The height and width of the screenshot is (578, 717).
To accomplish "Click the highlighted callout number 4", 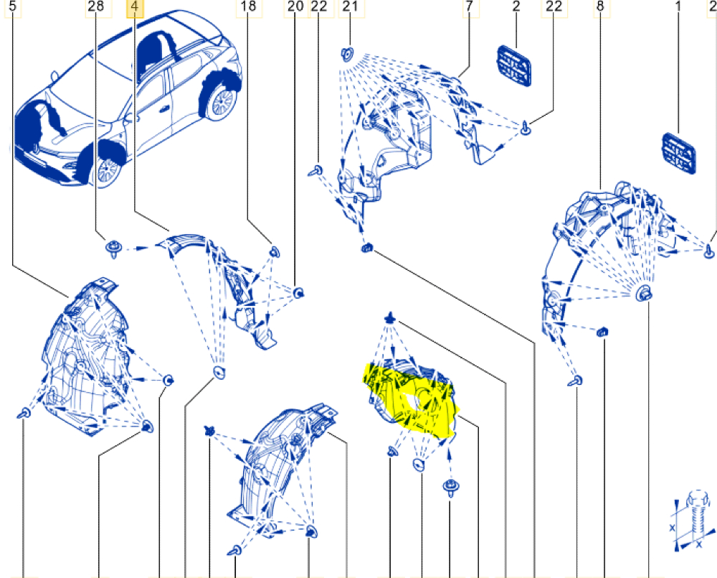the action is (135, 7).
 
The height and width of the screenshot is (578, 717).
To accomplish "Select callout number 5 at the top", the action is (14, 6).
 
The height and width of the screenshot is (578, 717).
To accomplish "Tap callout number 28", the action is (96, 6).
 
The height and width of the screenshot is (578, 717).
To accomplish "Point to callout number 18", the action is (248, 6).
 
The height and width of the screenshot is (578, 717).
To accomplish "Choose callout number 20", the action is (296, 6).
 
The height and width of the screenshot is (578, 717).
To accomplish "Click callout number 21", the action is (350, 6).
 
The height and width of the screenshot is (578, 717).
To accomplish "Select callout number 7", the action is (470, 6).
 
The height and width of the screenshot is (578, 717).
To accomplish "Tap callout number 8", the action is (600, 6).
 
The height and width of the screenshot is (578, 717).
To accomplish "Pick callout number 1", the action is (678, 6).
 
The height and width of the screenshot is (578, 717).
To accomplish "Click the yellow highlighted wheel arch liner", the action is (409, 398).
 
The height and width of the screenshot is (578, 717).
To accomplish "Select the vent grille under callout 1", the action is (679, 154).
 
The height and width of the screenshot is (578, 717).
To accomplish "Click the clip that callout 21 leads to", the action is (348, 55).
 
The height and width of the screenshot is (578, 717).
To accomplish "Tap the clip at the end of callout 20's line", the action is (298, 292).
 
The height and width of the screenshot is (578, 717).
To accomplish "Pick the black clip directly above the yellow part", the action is (389, 317).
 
